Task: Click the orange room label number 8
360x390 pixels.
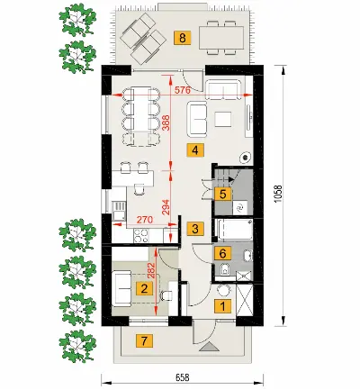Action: click(x=182, y=38)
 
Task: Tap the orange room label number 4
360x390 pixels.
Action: click(x=195, y=150)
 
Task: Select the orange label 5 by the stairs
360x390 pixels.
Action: click(x=222, y=194)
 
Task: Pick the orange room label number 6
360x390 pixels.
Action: click(x=222, y=253)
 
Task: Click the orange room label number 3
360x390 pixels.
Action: click(x=195, y=229)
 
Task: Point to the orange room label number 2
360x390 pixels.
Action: click(x=144, y=289)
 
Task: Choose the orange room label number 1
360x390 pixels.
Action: click(x=222, y=306)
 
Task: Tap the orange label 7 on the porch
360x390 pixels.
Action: click(x=144, y=341)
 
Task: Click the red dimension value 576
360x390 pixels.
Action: click(x=182, y=90)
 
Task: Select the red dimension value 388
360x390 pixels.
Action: click(x=166, y=122)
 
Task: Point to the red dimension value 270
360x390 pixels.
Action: click(x=145, y=219)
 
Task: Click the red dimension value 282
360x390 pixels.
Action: click(x=151, y=270)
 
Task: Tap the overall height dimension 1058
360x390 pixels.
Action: click(x=278, y=194)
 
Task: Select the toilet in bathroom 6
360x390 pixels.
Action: click(x=225, y=268)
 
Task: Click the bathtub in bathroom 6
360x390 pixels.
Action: click(x=234, y=230)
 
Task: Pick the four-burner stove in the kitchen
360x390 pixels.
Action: click(x=141, y=236)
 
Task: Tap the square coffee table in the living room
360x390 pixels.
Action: click(x=222, y=120)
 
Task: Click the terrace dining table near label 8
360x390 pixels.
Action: click(x=221, y=38)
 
